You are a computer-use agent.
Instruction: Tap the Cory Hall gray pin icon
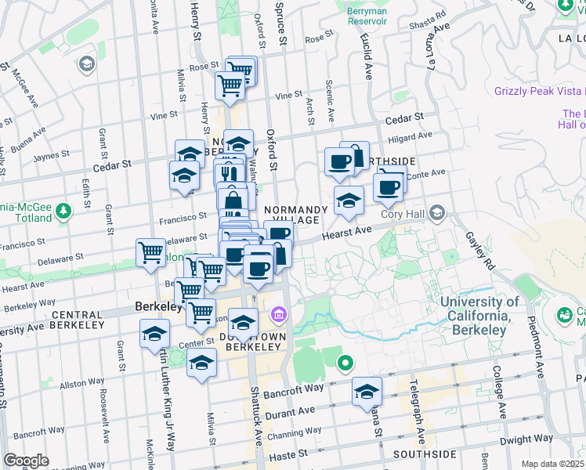click(437, 213)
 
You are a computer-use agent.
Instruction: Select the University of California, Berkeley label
click(479, 316)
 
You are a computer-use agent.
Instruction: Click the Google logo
click(26, 461)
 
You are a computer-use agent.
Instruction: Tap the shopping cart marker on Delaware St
click(150, 253)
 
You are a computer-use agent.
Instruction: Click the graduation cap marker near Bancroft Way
click(367, 392)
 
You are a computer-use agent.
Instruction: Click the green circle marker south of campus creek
click(345, 363)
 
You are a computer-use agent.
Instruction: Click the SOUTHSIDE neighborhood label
click(425, 454)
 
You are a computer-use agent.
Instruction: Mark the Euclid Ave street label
click(367, 60)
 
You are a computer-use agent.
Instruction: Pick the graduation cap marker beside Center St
click(155, 334)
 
